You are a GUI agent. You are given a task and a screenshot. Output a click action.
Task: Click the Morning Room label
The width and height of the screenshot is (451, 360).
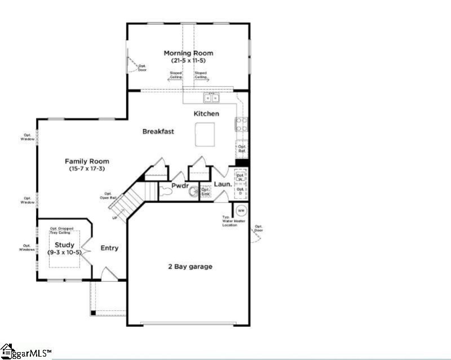[188, 53]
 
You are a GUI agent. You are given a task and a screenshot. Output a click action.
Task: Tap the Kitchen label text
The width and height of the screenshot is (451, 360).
[206, 114]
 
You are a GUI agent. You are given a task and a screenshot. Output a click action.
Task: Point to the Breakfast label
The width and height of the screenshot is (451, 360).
[158, 131]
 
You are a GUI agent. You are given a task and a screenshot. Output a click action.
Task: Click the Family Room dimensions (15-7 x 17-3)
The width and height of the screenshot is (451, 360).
[87, 169]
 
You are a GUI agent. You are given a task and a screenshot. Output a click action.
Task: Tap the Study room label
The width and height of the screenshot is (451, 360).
[64, 245]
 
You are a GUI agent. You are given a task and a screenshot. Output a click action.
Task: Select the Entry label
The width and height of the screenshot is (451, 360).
[109, 248]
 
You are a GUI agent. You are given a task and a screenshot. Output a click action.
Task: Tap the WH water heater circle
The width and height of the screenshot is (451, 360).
[241, 210]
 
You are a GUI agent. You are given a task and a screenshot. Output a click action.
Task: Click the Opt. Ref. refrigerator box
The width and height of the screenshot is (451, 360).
[242, 149]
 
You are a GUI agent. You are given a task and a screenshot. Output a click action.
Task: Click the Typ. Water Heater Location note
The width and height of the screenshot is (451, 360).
[233, 221]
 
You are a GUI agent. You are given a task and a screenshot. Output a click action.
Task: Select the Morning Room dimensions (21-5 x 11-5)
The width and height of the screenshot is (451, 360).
[188, 60]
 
